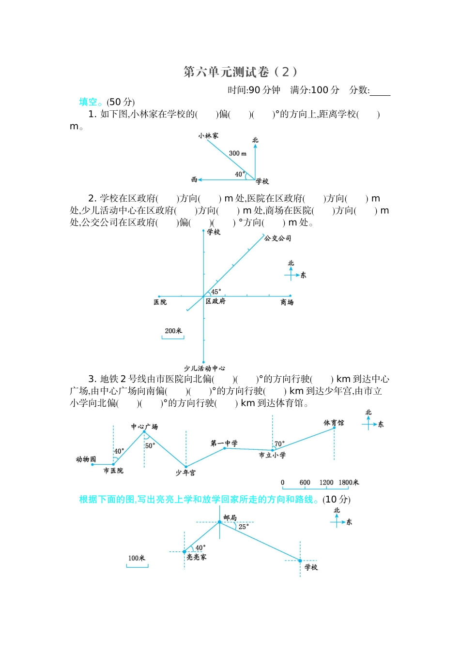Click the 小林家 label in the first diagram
(208, 135)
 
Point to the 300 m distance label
(237, 153)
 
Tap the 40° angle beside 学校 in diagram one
(240, 174)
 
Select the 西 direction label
(194, 179)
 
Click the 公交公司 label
(277, 238)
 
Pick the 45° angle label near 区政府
(216, 292)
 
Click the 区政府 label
(215, 301)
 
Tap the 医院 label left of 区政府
(160, 302)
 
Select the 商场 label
(287, 302)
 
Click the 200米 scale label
(173, 331)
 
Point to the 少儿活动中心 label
(204, 368)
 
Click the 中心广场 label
(144, 427)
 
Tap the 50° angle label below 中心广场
(150, 445)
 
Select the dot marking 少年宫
(186, 467)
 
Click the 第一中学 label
(224, 443)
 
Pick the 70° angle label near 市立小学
(279, 443)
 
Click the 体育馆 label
(334, 423)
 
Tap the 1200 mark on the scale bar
(326, 482)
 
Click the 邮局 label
(230, 517)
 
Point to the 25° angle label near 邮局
(244, 527)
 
